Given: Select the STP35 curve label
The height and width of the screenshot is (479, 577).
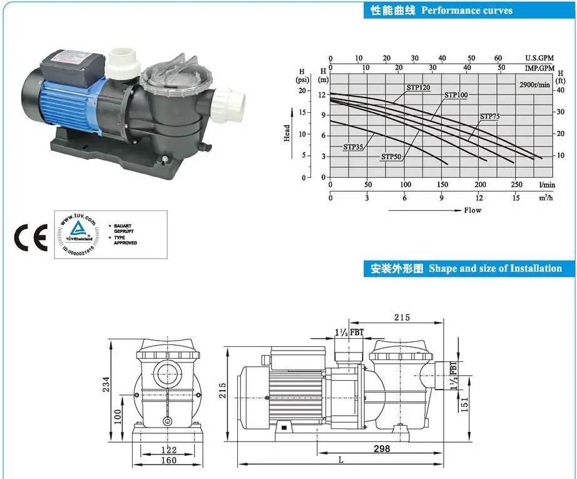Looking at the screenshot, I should [353, 147].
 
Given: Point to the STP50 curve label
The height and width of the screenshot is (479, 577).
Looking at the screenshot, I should [391, 157].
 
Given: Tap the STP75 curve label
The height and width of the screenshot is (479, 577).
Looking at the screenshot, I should [490, 116].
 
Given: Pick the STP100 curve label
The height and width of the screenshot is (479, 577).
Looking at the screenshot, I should [456, 95].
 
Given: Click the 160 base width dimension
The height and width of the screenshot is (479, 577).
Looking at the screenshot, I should [168, 461].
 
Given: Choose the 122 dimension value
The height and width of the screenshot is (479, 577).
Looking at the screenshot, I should [168, 450].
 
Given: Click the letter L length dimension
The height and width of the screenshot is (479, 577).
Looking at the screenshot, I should [340, 460].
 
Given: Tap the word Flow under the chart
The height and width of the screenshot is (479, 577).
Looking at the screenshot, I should [472, 210].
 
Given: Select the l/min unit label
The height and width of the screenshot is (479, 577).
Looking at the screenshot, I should [547, 185].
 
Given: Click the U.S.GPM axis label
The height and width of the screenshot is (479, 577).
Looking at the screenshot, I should [539, 58].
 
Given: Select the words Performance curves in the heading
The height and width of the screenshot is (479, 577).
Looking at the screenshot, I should [467, 10].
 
